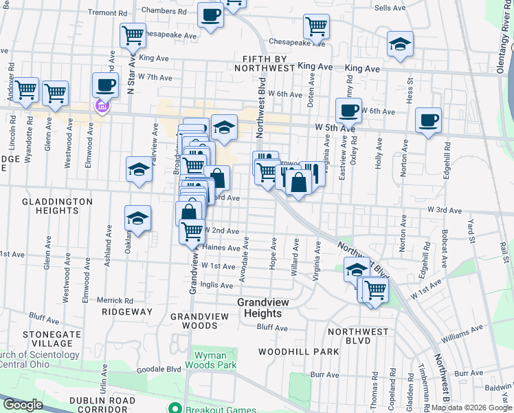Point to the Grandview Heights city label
click(x=260, y=308)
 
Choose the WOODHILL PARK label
click(x=298, y=351)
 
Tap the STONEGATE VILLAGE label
click(x=47, y=338)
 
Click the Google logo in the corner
click(x=23, y=405)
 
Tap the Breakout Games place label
click(x=216, y=407)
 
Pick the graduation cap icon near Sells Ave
click(x=400, y=45)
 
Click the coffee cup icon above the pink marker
click(x=105, y=85)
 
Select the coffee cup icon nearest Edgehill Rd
click(x=429, y=120)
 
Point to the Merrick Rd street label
click(x=115, y=300)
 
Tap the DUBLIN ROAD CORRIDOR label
click(x=104, y=405)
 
